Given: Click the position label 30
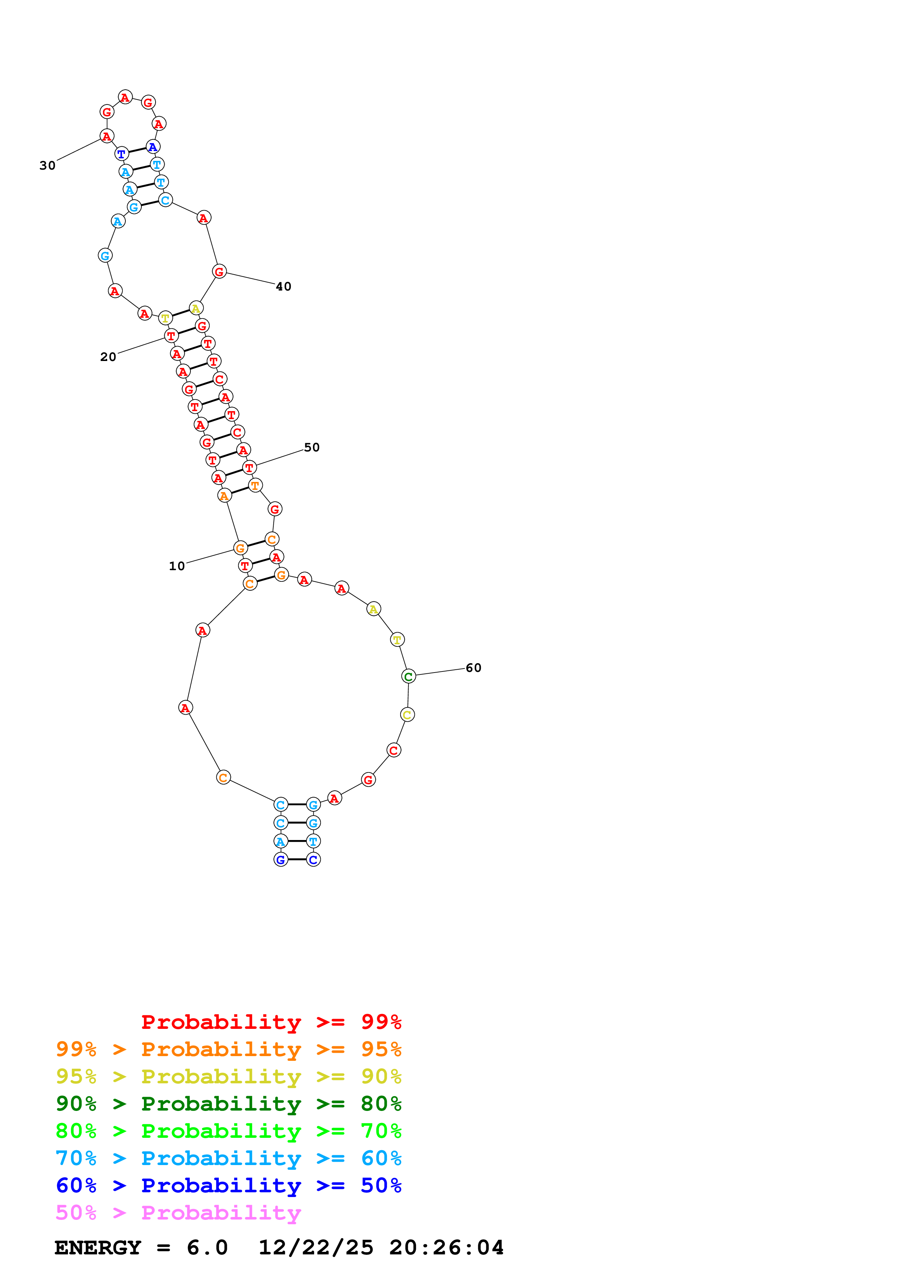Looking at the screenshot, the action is coord(48,165).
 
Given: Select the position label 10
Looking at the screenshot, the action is coord(177,566).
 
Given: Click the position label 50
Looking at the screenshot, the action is coord(311,447).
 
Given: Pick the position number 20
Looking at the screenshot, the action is coord(108,357).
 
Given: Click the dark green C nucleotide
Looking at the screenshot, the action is coord(408,676).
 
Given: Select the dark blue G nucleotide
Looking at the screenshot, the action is coord(281,860).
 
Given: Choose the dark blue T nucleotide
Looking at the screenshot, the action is coord(122,154).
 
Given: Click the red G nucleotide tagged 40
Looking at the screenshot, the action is coord(219,271).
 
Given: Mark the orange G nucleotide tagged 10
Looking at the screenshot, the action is coord(240,548).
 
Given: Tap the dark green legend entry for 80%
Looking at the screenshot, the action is coord(228,1104).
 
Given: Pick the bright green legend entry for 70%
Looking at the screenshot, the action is coord(228,1131).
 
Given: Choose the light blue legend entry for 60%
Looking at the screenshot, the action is coord(228,1158).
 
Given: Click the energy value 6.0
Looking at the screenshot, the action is coord(207,1248).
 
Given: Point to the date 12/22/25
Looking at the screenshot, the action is coord(315,1248).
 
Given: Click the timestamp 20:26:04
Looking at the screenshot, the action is coord(446,1248).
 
